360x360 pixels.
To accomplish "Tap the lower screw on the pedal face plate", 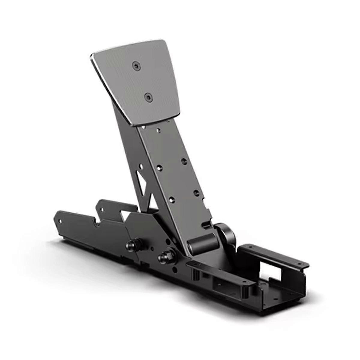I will (147, 97).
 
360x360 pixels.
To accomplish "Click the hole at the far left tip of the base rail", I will (60, 221).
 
